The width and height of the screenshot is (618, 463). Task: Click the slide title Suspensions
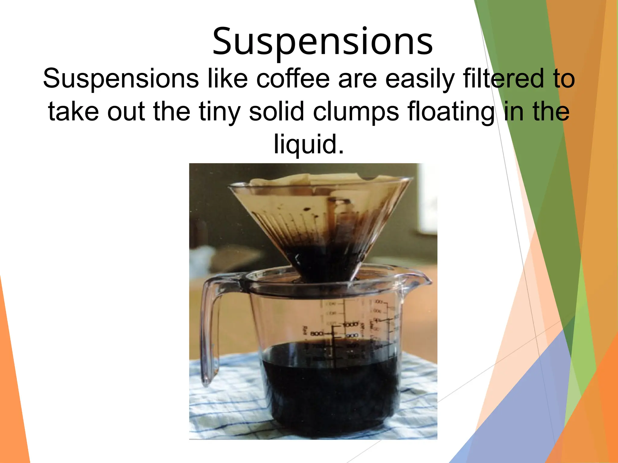coord(322,42)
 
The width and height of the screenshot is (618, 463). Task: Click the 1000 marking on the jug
coord(350,325)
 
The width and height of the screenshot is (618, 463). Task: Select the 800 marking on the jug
coord(317,334)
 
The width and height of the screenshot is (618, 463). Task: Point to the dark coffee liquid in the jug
coord(329,392)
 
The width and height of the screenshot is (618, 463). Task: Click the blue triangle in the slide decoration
coord(519,416)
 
